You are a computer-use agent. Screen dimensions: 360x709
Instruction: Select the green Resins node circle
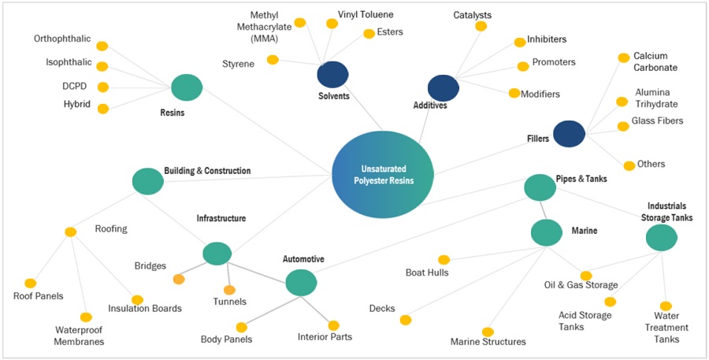point(187,87)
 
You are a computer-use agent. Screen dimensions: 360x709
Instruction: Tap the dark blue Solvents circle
point(332,75)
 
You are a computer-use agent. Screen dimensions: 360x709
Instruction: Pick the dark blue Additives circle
point(444,88)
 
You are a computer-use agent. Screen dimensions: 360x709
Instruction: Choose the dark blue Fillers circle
point(569,133)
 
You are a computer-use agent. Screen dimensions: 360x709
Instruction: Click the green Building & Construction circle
point(147,181)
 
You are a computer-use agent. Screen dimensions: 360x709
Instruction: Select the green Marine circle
point(546,232)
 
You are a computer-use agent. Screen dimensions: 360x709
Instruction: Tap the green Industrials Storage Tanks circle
point(661,237)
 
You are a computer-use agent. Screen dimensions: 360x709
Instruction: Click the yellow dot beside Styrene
point(273,60)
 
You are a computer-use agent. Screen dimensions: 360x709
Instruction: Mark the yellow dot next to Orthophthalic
point(102,46)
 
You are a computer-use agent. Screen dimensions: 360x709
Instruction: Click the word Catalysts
point(473,15)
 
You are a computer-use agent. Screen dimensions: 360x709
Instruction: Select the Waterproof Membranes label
point(80,336)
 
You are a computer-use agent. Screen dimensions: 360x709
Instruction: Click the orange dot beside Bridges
point(179,279)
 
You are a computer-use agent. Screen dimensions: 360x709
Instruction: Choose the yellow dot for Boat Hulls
point(444,260)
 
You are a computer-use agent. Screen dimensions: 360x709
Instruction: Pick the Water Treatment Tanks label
point(666,328)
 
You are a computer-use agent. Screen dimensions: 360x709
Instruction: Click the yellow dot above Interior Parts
point(333,325)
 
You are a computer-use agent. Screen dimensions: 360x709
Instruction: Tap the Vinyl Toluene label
point(366,14)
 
